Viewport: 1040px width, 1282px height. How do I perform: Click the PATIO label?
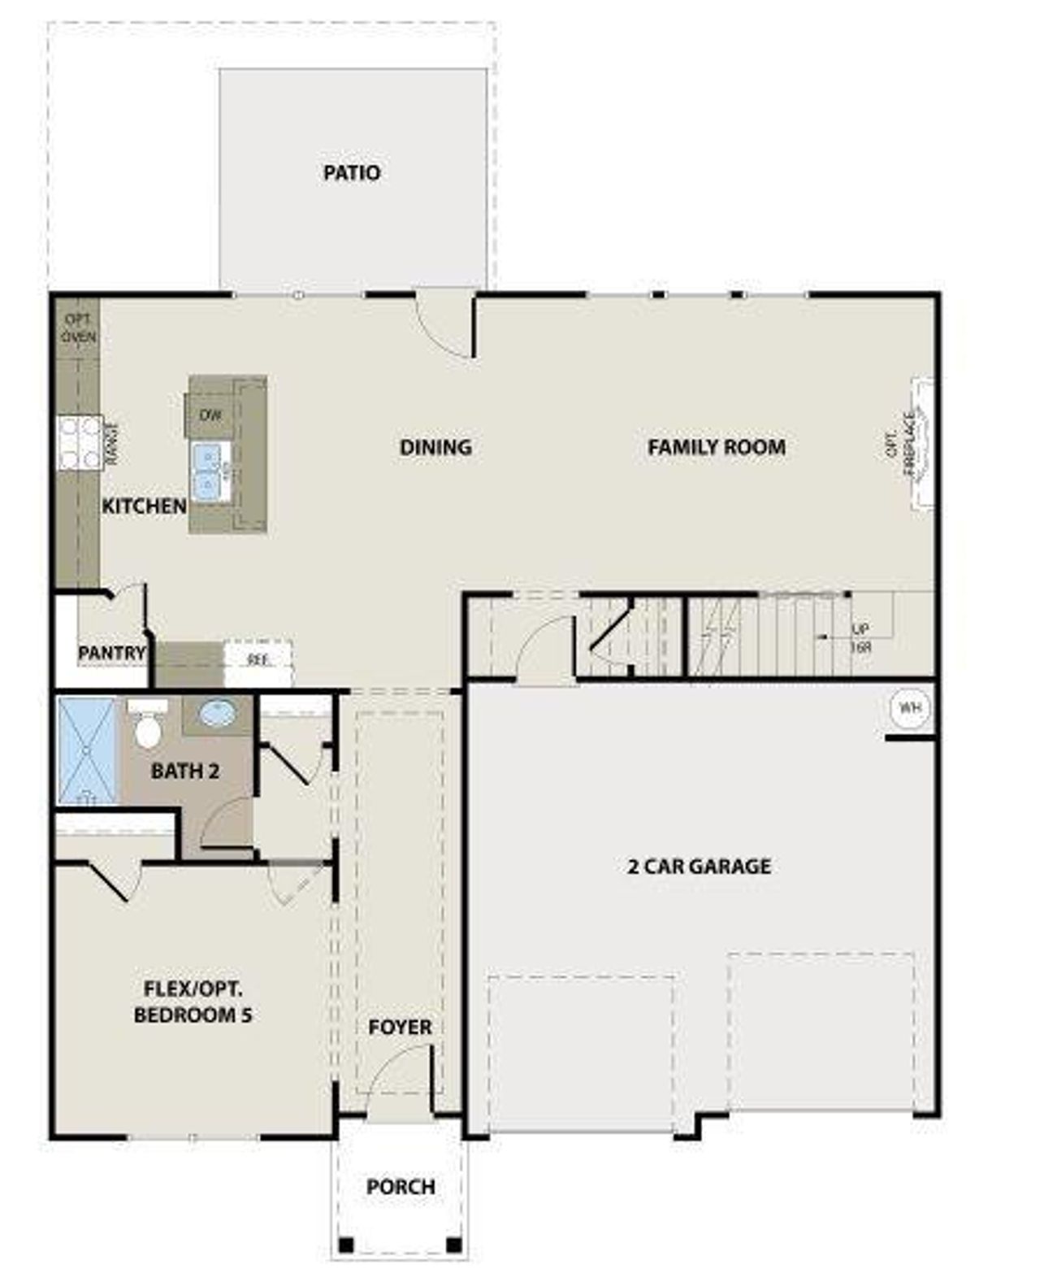(352, 173)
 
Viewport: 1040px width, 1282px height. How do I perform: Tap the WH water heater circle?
(909, 708)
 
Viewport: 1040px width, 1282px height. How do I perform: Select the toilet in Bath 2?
(147, 727)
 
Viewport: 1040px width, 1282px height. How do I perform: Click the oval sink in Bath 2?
(218, 715)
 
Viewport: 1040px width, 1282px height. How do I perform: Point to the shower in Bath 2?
(88, 750)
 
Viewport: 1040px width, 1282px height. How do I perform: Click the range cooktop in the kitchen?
(80, 442)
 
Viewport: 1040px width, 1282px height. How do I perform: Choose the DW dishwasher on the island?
(210, 415)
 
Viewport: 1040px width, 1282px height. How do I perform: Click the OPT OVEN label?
(79, 328)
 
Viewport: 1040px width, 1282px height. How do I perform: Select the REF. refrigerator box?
(258, 660)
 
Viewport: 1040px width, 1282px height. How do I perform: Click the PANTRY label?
(111, 653)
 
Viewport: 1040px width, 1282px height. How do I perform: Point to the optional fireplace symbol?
(922, 443)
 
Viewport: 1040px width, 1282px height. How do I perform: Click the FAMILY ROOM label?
(717, 447)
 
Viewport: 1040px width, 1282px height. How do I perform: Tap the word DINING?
(435, 447)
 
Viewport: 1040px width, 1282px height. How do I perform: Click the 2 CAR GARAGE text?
(699, 867)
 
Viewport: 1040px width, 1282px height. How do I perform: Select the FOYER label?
(400, 1028)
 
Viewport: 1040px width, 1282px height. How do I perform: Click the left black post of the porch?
(346, 1244)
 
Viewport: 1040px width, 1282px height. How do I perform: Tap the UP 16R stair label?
(860, 638)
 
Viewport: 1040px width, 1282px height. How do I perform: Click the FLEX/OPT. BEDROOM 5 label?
(193, 1002)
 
